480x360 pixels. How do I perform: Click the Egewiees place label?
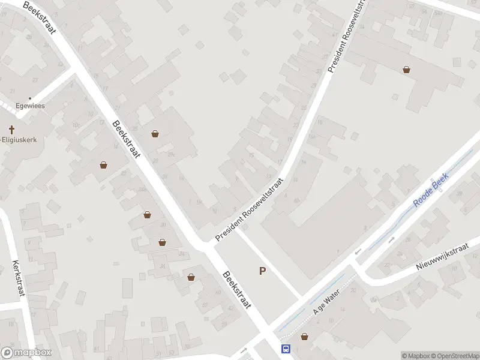coord(30,106)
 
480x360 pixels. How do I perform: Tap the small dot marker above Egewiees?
coord(30,97)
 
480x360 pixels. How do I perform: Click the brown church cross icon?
coord(11,130)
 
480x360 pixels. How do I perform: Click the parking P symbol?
coord(262,271)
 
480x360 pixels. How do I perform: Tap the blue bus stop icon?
coord(286,349)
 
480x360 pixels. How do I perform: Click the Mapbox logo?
coord(26,353)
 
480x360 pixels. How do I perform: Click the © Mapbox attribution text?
coord(415,356)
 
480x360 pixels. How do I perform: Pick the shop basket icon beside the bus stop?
coord(304,337)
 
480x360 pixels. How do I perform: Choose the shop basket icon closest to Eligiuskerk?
coord(104,164)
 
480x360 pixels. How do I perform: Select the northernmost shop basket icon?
coord(407,70)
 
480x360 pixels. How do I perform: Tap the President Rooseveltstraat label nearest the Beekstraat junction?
coord(249,209)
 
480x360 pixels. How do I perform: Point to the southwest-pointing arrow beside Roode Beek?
coord(358,251)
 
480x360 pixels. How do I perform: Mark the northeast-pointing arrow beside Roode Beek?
coord(391,240)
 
